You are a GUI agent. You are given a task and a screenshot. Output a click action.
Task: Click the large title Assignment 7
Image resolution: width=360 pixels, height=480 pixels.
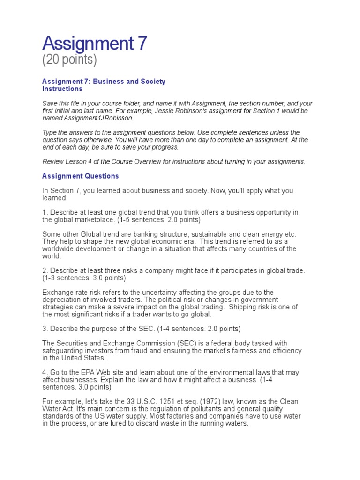tap(95, 44)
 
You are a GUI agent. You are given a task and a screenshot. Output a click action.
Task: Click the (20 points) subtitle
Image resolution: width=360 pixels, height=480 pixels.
tap(69, 60)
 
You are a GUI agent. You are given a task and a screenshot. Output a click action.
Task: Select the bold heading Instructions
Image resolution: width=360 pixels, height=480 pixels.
tap(62, 89)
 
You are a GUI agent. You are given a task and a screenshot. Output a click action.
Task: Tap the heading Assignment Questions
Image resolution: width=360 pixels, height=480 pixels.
tap(81, 176)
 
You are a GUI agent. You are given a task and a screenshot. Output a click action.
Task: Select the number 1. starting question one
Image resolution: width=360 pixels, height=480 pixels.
tap(45, 212)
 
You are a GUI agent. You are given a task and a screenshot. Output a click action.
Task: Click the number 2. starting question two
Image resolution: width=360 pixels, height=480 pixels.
tap(45, 270)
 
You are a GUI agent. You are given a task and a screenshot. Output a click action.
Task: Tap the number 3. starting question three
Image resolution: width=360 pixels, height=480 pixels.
tap(45, 329)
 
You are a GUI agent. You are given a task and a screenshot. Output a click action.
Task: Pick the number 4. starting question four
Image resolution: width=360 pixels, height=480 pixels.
tap(45, 372)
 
